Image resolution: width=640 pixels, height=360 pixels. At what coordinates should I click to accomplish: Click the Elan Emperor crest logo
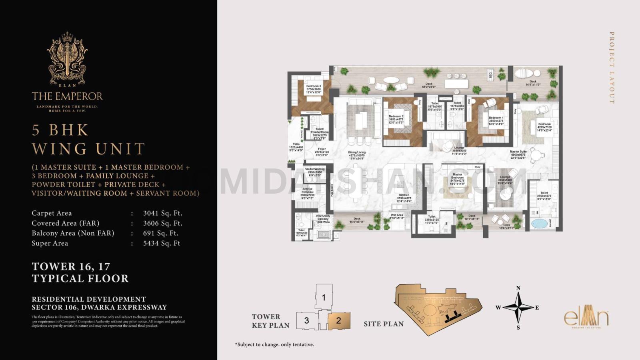pos(67,59)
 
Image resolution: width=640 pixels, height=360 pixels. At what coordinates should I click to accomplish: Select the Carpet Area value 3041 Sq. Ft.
pos(162,213)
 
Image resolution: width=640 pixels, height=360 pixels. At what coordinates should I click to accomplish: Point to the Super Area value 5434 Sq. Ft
pos(162,243)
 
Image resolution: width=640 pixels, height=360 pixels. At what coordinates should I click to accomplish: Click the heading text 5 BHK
pos(60,130)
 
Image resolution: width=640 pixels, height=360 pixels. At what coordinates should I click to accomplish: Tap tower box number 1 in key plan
pos(324,297)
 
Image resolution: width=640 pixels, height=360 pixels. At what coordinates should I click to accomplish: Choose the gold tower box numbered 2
pos(338,320)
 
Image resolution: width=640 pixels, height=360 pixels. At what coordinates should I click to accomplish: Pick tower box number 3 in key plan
pos(306,320)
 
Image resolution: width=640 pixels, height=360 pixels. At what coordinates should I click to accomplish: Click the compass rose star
pos(518,307)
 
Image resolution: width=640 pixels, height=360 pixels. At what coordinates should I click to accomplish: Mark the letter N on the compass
pos(518,288)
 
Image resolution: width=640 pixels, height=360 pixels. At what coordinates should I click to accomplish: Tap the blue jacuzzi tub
pos(539,223)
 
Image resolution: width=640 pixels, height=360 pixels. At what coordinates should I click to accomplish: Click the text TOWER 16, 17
pos(71,266)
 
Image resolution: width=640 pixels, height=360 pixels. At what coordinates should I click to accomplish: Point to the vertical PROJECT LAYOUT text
pos(612,68)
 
